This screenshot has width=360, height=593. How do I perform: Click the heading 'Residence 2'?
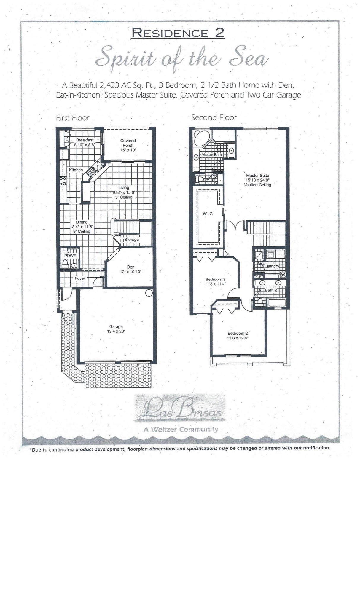tap(178, 33)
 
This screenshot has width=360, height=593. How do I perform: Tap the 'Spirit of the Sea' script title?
tap(182, 60)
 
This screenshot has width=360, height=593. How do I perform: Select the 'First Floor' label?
tap(73, 118)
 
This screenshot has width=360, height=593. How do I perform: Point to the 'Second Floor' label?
tap(214, 118)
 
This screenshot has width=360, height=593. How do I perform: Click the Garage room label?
tap(116, 326)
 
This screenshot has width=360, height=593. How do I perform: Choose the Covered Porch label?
tap(128, 143)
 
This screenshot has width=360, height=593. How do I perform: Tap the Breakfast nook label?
tap(85, 140)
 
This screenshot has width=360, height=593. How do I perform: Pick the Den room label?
tap(130, 267)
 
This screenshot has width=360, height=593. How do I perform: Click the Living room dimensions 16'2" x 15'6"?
tap(124, 192)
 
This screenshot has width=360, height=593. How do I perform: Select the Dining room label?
tap(82, 222)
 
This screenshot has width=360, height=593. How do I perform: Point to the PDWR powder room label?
tap(70, 256)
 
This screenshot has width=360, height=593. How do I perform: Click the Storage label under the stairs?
tap(131, 240)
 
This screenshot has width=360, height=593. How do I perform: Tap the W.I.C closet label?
tap(208, 214)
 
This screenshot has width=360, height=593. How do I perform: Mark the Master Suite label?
tap(257, 176)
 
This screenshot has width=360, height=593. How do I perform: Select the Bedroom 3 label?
tap(216, 279)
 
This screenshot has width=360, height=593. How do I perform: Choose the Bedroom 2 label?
tap(238, 333)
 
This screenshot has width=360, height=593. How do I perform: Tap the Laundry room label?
tap(272, 266)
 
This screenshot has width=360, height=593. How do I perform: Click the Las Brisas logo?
tap(180, 408)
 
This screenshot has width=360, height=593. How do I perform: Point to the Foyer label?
tap(80, 278)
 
